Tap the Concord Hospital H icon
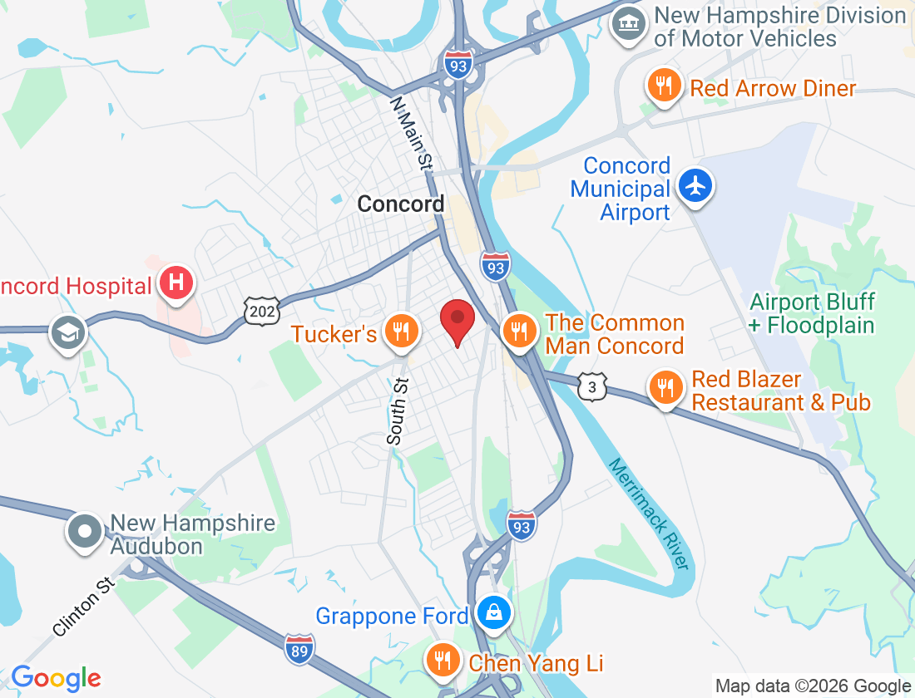point(176,283)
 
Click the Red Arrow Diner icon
point(664,87)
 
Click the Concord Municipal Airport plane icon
point(695,185)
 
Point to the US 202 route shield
point(258,312)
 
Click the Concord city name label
point(401,204)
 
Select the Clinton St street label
point(84,607)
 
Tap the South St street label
point(398,410)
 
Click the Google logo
point(56,678)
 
